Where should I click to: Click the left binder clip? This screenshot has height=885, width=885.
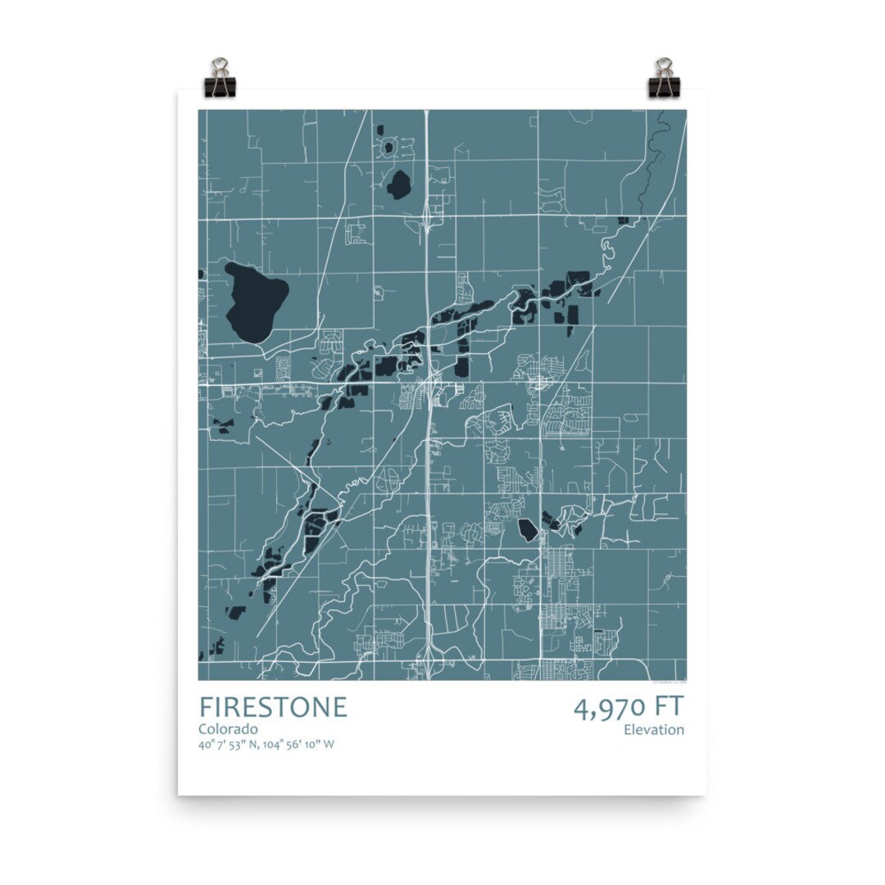[220, 77]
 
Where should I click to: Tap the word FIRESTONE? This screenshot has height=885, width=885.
[273, 707]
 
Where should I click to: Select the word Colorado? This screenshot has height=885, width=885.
[229, 728]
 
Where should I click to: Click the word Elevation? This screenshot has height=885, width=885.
[654, 729]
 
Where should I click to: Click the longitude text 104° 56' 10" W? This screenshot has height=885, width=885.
[301, 745]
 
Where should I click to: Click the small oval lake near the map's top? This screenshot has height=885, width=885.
[400, 185]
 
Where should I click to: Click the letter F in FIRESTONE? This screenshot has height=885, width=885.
[205, 707]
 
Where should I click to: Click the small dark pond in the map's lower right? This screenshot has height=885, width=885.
[528, 529]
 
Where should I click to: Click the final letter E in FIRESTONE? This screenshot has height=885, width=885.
[339, 707]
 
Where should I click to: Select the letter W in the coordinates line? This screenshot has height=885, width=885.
[329, 745]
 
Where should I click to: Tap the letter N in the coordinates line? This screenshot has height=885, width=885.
[255, 745]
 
